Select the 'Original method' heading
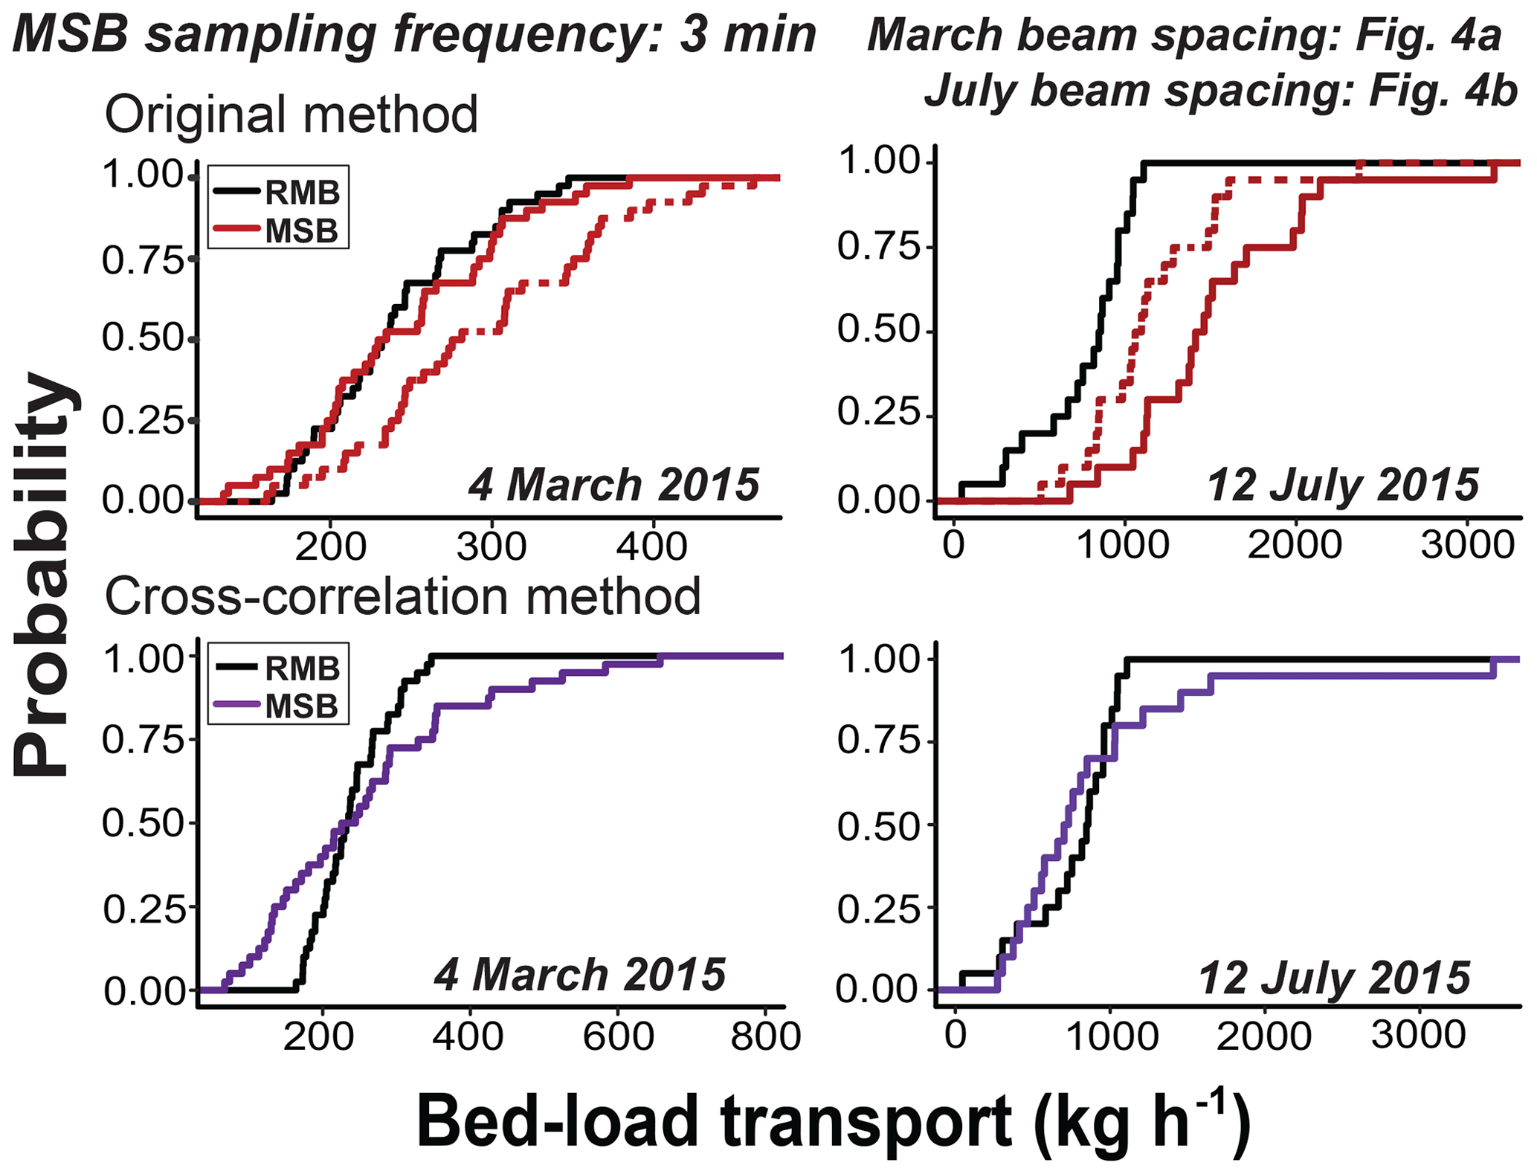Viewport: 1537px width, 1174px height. tap(291, 115)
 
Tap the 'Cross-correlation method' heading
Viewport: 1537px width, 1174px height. tap(402, 596)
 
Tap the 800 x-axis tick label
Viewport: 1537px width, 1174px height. tap(765, 1036)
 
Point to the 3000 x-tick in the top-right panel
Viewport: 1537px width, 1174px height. tap(1467, 546)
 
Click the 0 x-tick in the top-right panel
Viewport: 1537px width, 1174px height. tap(953, 546)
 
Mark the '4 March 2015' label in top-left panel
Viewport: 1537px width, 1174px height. tap(613, 485)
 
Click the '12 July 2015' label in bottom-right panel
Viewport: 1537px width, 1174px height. tap(1334, 977)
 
